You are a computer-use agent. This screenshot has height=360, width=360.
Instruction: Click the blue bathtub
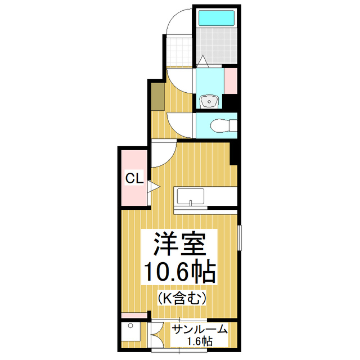(x=216, y=17)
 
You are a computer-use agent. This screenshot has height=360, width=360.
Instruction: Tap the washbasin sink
(x=210, y=102)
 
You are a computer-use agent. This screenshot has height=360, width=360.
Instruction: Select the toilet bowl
(x=217, y=124)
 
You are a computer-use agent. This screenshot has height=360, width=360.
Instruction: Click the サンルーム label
(x=199, y=329)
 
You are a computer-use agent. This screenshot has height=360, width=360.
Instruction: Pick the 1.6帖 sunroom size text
(x=200, y=341)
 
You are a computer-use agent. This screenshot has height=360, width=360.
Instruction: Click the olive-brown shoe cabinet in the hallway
(x=157, y=96)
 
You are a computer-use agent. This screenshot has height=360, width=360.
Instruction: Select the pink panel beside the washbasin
(x=230, y=81)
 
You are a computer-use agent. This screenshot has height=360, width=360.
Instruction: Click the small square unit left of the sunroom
(x=133, y=334)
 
